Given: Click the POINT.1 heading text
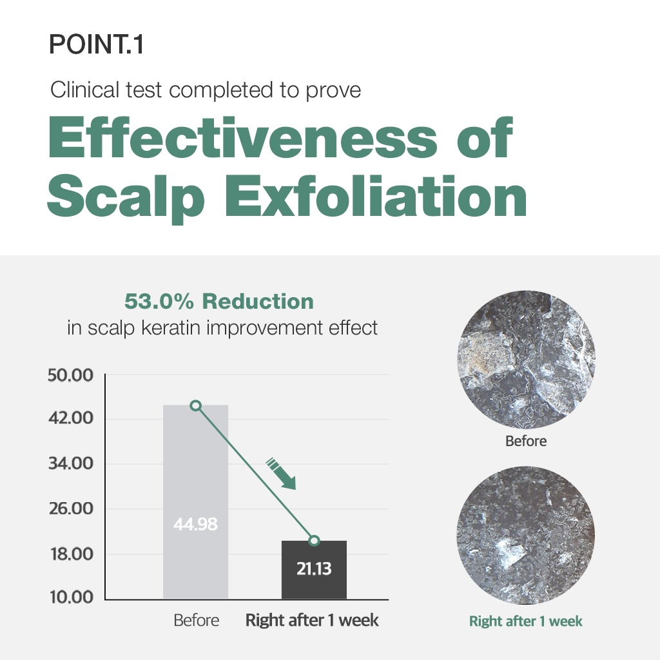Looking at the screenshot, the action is [x=97, y=44].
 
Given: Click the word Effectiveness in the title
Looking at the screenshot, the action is [x=243, y=137].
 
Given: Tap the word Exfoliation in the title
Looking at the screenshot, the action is [x=376, y=196].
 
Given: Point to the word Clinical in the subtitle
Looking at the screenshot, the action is [x=84, y=90].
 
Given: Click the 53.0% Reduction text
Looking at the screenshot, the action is [x=219, y=302].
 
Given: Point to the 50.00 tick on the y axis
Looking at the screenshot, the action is [x=70, y=375].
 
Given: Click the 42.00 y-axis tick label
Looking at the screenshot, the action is [x=71, y=418].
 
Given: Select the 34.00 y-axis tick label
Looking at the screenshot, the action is [x=71, y=463].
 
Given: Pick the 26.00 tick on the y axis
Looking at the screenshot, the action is [x=71, y=509].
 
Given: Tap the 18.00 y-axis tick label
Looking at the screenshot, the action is [x=72, y=554].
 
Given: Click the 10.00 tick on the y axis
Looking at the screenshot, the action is [x=72, y=597].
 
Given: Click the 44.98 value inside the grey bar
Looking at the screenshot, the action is [x=196, y=524].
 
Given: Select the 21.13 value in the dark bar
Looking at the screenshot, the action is [x=314, y=568].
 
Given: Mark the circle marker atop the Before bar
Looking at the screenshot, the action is [x=196, y=406].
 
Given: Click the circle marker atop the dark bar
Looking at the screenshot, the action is [x=314, y=541].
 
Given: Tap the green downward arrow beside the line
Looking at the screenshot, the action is [x=281, y=474].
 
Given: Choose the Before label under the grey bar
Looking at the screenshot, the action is [x=197, y=621].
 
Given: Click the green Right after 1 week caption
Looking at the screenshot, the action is [x=526, y=621].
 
